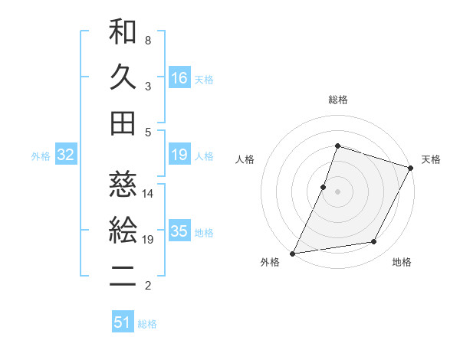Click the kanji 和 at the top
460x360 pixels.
pos(123,33)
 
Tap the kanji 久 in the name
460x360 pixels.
pos(123,77)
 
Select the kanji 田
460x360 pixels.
pos(123,123)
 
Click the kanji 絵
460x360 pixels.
pos(123,231)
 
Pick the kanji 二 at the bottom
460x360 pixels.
pos(123,277)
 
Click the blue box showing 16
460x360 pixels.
pos(179,77)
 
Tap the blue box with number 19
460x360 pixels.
pos(179,155)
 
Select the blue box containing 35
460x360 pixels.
pos(179,231)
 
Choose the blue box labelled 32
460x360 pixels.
pos(66,155)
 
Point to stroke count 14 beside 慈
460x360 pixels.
pos(148,193)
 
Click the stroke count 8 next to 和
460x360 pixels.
pos(147,39)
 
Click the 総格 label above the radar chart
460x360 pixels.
pos(338,100)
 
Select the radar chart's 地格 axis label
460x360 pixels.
pos(402,263)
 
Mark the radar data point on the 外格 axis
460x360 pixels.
pos(293,253)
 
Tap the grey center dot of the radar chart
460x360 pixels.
pos(337,191)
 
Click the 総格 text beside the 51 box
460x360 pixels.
pos(147,324)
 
